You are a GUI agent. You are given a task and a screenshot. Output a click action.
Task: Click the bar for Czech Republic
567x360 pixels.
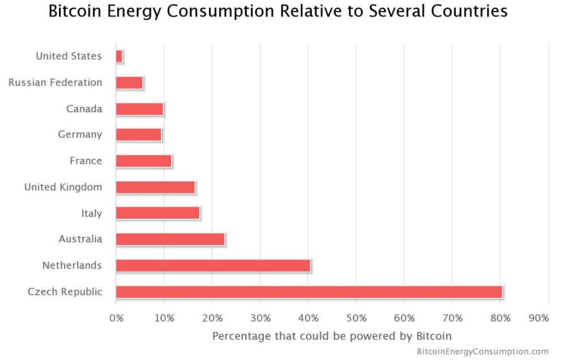(x=309, y=292)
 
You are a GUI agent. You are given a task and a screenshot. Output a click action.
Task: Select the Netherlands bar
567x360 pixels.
(x=213, y=265)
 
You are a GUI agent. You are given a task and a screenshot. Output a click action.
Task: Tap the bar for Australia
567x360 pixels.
(x=170, y=239)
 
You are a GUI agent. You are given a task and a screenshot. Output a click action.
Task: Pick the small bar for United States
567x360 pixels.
(x=119, y=56)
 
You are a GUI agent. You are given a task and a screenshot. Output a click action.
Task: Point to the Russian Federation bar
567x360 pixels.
(x=129, y=83)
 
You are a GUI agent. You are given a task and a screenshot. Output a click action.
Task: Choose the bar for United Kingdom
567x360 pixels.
(x=155, y=187)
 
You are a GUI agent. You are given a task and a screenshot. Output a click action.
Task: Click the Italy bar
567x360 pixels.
(x=157, y=213)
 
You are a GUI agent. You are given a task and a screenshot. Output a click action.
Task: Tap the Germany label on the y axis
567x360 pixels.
(x=80, y=134)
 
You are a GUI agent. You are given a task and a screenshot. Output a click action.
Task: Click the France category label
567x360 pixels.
(x=86, y=160)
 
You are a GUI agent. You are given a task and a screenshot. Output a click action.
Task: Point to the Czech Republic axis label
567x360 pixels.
(x=65, y=292)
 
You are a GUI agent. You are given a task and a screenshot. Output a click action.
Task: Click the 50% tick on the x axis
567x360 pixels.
(x=356, y=318)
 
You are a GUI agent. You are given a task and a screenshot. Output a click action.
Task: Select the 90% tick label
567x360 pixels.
(x=539, y=318)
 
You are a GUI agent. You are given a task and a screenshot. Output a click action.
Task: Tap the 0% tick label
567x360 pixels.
(x=116, y=318)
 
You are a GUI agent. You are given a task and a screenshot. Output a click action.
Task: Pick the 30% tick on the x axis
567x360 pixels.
(x=260, y=318)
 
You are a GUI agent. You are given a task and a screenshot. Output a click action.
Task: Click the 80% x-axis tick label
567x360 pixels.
(x=500, y=318)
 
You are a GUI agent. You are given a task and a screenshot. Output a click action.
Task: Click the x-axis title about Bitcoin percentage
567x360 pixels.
(x=332, y=336)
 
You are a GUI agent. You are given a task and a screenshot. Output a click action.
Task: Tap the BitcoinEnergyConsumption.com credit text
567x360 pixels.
(x=483, y=351)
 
